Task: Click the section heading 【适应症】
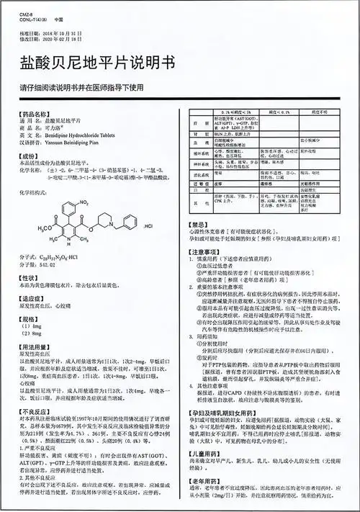click(32, 297)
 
